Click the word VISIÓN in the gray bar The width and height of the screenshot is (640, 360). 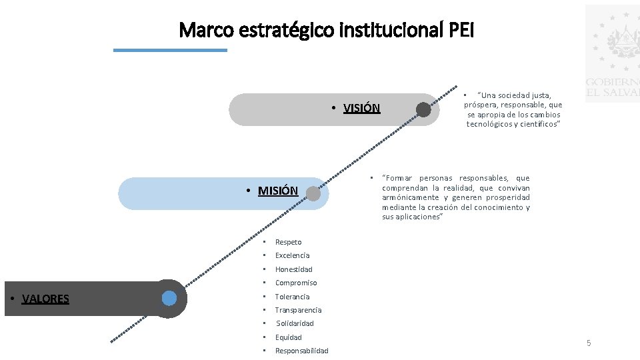pos(361,109)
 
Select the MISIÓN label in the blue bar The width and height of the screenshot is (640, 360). pos(277,191)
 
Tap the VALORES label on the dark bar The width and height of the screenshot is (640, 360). pos(45,299)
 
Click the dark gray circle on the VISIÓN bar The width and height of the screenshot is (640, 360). pos(423,110)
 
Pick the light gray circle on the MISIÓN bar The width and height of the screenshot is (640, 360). pos(313,193)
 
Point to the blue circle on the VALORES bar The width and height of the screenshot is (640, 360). pos(169,298)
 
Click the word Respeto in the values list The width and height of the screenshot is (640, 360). pos(288,242)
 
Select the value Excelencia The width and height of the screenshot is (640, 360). pos(292,255)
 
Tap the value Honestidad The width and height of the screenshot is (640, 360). pos(293,269)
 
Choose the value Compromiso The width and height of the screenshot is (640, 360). pos(296,283)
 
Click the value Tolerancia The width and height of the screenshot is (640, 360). pos(292,297)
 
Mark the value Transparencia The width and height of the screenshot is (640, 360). pos(298,310)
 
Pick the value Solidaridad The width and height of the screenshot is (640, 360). pos(295,323)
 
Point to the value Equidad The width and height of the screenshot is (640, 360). pos(288,337)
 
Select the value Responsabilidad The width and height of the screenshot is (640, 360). pos(301,351)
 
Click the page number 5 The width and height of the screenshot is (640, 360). pos(589,343)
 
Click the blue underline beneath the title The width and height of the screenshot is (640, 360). pos(170,50)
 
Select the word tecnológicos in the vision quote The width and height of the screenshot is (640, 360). pos(489,124)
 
